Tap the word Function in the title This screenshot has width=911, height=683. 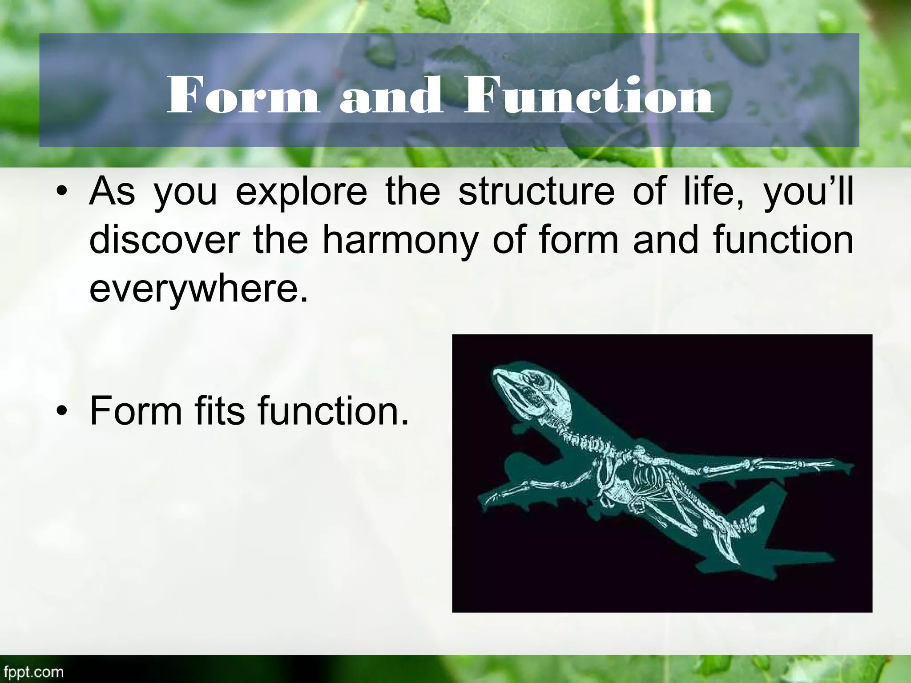click(588, 96)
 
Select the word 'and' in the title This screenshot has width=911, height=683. click(391, 96)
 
